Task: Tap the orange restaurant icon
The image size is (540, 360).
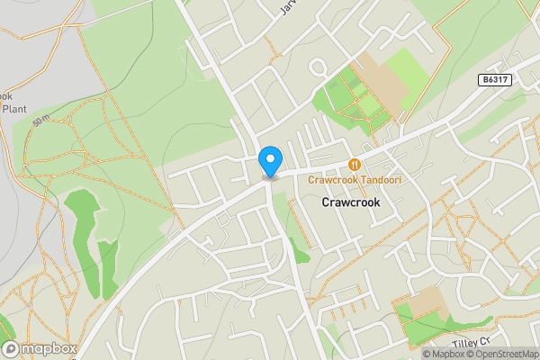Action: [x=355, y=165]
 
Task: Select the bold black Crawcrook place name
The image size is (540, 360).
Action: [x=351, y=203]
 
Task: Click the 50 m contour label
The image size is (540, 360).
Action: [x=40, y=120]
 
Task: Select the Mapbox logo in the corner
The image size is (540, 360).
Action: [x=38, y=348]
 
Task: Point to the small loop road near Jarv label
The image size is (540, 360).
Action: [x=317, y=67]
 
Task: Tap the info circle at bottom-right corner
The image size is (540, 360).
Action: [x=532, y=354]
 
